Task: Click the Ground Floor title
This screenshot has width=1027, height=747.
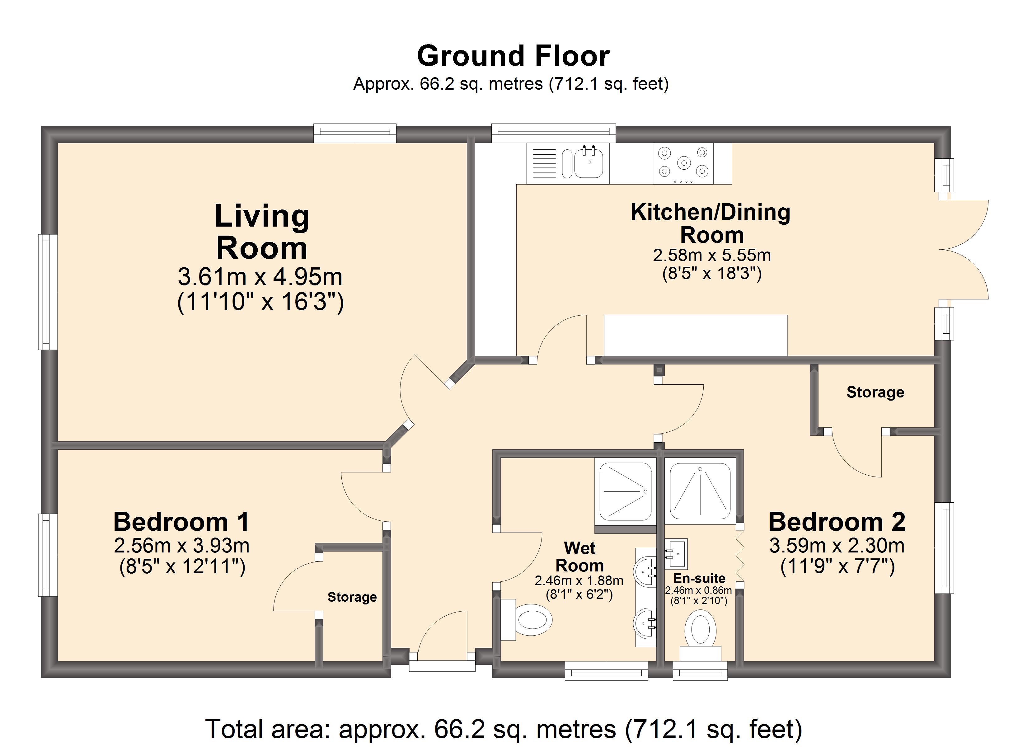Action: [x=513, y=56]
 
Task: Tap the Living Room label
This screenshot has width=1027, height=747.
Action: [x=262, y=232]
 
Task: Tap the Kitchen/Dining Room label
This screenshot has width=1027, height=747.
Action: [x=711, y=223]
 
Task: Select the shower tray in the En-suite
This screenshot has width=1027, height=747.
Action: [x=700, y=491]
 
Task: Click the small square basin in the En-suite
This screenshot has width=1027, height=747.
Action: [x=676, y=554]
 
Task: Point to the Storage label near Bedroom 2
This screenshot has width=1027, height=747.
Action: [x=875, y=392]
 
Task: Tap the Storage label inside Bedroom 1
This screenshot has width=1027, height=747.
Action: [x=352, y=597]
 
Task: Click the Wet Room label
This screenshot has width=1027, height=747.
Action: [x=579, y=557]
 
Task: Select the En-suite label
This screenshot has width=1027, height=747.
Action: [x=699, y=579]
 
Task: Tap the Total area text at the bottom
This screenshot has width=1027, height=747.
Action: [x=504, y=729]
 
